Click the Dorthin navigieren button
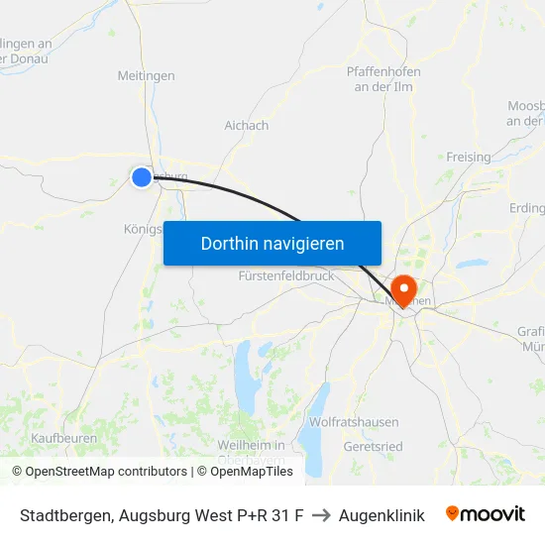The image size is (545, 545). pyautogui.click(x=272, y=243)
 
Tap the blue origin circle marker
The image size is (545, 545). pyautogui.click(x=142, y=176)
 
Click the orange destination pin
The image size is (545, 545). pyautogui.click(x=404, y=289)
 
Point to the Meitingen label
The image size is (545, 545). pyautogui.click(x=146, y=75)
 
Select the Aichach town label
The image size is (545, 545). pyautogui.click(x=247, y=126)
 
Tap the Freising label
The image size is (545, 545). pyautogui.click(x=469, y=158)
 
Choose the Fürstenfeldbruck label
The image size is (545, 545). pyautogui.click(x=286, y=276)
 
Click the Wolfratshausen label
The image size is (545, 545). pyautogui.click(x=354, y=422)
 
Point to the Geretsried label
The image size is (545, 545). pyautogui.click(x=373, y=447)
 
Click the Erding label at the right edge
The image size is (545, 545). pyautogui.click(x=525, y=208)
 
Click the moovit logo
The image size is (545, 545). pyautogui.click(x=485, y=514)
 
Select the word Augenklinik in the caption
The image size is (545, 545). pyautogui.click(x=381, y=515)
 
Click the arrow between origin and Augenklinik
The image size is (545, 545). pyautogui.click(x=321, y=515)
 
